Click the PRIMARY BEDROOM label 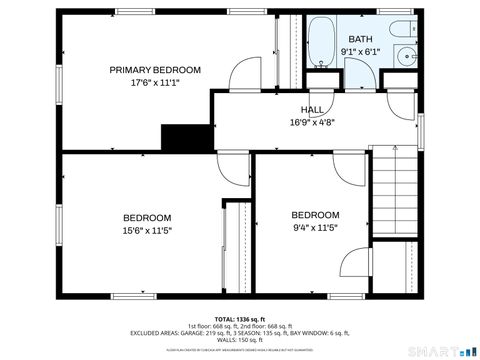[x=155, y=70]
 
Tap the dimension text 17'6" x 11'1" [x=155, y=84]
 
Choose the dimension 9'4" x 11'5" [x=315, y=228]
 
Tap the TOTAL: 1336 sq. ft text [x=240, y=319]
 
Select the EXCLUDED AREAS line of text [x=240, y=333]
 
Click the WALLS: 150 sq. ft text [x=240, y=340]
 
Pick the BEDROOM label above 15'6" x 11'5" [x=147, y=218]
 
